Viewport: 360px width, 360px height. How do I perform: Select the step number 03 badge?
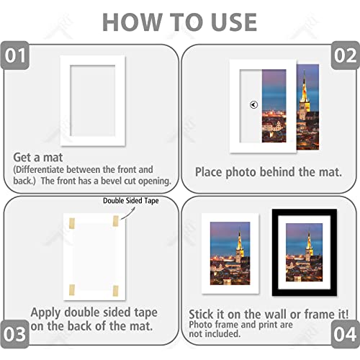(17, 333)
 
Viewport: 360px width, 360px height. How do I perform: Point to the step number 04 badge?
(343, 333)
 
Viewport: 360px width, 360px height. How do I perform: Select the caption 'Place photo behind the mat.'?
(268, 172)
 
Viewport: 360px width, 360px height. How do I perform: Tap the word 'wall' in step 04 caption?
(272, 314)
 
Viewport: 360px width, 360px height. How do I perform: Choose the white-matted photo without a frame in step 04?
(229, 252)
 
